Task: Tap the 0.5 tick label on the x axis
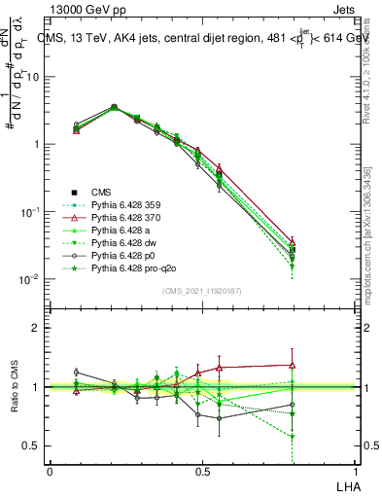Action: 201,471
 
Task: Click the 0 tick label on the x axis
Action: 49,471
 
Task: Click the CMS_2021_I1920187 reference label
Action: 201,291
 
